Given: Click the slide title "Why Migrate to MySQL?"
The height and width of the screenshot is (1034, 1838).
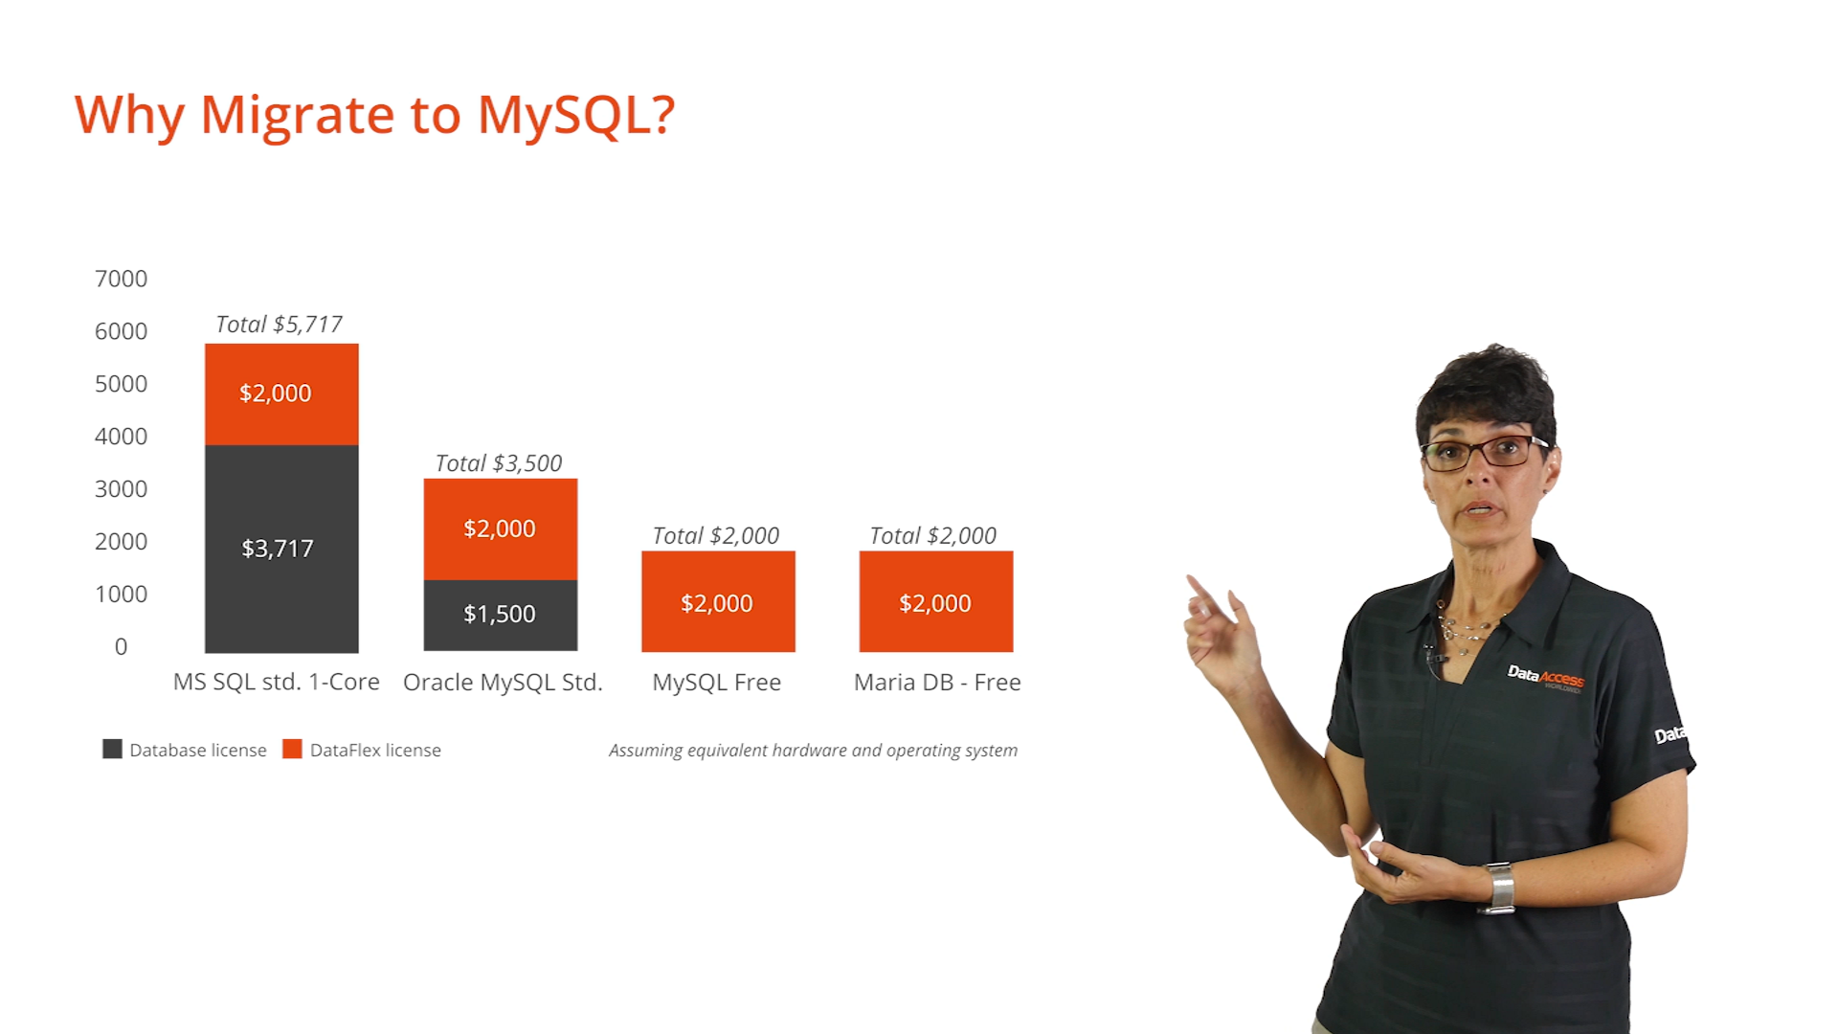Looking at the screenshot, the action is [x=375, y=116].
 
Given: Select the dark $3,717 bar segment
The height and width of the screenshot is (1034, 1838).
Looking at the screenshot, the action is [x=281, y=549].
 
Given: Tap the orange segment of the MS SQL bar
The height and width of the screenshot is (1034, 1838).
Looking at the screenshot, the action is [x=281, y=394].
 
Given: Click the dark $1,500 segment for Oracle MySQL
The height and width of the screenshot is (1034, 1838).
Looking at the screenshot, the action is [x=501, y=616].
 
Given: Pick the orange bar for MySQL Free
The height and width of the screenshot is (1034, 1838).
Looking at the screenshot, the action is [x=718, y=601].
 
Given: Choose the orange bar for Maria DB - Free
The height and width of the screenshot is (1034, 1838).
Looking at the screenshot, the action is [x=936, y=601].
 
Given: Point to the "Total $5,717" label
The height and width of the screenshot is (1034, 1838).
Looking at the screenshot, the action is [x=279, y=325].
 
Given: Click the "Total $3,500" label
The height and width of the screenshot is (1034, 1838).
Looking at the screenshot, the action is [x=499, y=463].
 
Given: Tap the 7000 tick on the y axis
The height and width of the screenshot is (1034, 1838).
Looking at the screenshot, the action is [x=121, y=279].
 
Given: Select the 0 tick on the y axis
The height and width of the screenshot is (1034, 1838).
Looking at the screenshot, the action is [x=121, y=647].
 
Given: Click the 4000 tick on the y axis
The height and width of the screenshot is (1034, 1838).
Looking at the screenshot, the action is [x=121, y=437].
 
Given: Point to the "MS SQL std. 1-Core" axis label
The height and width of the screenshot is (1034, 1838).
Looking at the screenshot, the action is [x=277, y=682].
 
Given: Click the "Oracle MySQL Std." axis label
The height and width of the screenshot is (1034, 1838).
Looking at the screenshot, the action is [x=503, y=683].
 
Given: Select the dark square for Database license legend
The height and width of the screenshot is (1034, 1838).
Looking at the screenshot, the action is [x=112, y=749].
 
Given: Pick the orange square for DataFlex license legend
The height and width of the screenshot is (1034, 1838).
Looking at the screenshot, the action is [x=292, y=749].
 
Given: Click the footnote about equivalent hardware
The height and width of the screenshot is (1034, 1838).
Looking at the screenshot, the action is [x=813, y=751].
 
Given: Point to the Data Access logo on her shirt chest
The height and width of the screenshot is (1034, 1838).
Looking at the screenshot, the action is [x=1545, y=677].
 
